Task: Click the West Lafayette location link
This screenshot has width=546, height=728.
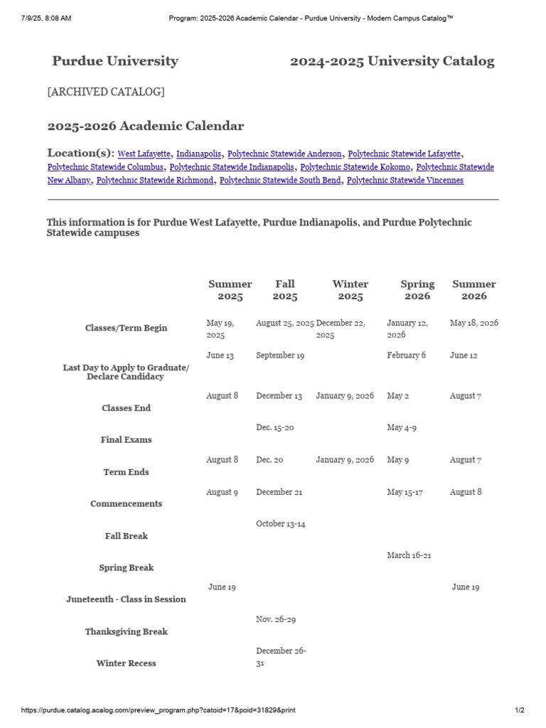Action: [144, 154]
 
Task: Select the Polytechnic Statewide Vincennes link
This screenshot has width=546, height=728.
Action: [405, 181]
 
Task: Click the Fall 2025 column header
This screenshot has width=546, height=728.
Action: [285, 290]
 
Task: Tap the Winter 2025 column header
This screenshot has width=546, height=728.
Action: [350, 290]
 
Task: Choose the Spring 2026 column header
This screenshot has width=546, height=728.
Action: [417, 290]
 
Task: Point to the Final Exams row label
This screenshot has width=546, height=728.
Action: [127, 440]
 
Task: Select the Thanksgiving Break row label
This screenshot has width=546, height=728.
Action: [127, 631]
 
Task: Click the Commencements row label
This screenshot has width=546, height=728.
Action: [127, 504]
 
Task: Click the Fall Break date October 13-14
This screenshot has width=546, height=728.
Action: [280, 524]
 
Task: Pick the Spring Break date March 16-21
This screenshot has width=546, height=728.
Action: [409, 555]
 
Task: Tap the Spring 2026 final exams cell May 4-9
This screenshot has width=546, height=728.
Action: [402, 428]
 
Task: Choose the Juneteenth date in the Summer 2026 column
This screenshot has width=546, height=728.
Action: [466, 587]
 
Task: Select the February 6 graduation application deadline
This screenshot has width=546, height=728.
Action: [407, 355]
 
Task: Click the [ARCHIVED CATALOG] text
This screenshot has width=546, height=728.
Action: [106, 92]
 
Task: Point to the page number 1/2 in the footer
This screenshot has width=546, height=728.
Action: [519, 710]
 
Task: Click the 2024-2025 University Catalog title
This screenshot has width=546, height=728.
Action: [392, 61]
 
